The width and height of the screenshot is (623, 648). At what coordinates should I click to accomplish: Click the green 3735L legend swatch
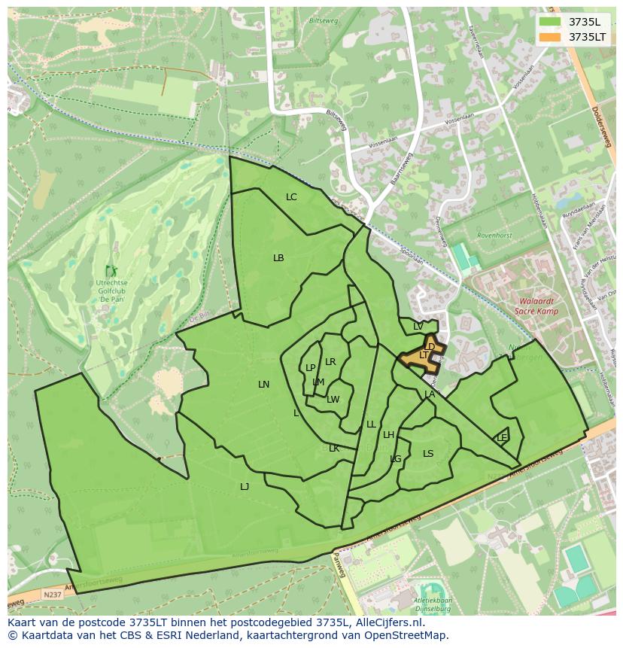550,21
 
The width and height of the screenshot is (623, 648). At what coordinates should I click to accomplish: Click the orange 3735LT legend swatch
550,36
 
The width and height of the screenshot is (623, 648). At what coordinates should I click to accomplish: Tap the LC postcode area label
291,197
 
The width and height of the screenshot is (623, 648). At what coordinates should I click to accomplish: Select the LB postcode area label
278,258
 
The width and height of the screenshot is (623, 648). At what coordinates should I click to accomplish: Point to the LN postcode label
263,385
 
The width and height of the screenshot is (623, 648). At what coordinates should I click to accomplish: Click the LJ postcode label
245,487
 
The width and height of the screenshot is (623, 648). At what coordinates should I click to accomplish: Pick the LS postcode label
428,454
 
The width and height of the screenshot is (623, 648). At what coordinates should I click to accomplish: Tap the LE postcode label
502,437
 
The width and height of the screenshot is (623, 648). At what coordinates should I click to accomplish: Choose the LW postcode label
333,400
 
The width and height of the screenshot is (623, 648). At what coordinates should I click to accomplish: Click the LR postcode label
330,362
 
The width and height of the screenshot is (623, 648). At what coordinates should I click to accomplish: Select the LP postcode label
310,368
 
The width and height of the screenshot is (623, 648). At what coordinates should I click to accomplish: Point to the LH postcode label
388,435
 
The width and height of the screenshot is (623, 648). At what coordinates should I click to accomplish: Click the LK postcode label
334,449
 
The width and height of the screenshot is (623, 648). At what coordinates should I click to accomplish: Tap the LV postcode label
418,327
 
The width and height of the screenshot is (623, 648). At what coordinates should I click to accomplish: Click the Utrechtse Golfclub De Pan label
111,290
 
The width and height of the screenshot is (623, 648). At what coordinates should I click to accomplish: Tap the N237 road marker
53,595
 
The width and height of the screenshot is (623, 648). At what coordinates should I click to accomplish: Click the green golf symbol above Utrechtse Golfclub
111,270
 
